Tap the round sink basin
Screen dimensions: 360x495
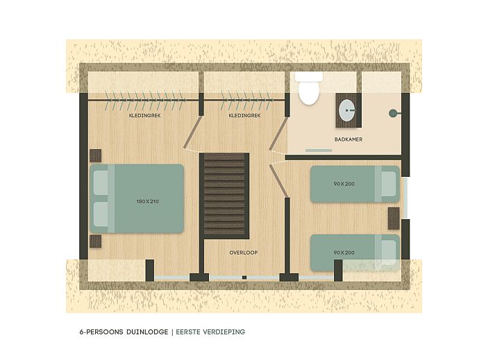click(346, 110)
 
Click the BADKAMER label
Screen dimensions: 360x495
click(348, 139)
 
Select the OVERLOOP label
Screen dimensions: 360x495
click(243, 252)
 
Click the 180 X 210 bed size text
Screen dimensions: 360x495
click(148, 201)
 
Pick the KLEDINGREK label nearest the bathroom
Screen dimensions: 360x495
click(244, 116)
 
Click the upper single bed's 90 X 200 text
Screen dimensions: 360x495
click(344, 184)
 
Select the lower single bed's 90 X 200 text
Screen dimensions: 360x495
click(344, 252)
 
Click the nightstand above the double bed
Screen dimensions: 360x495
click(96, 155)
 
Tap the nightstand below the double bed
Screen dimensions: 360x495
click(96, 241)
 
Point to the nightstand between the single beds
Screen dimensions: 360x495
click(394, 218)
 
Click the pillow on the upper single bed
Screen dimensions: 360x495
click(387, 184)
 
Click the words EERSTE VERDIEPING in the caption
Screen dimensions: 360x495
click(210, 332)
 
